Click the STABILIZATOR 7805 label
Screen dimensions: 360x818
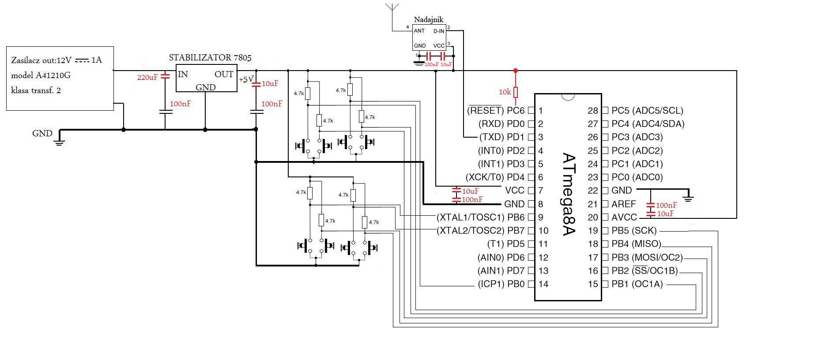click(210, 58)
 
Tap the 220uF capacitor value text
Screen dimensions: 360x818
click(147, 77)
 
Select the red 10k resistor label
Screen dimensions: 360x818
click(505, 92)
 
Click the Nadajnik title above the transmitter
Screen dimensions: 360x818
click(428, 19)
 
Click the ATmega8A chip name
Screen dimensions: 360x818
click(569, 194)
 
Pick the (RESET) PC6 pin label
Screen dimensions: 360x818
click(496, 110)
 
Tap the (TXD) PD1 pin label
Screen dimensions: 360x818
click(501, 137)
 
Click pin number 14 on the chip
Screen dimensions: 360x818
click(543, 284)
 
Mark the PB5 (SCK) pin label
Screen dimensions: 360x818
click(634, 231)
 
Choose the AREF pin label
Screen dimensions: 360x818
click(623, 204)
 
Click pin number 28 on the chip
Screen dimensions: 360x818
click(592, 111)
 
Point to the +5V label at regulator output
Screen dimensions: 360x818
click(246, 80)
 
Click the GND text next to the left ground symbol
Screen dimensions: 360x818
click(42, 133)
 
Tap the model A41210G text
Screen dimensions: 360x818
click(41, 75)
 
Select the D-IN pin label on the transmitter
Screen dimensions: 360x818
click(438, 31)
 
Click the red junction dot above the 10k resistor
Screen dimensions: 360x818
click(515, 71)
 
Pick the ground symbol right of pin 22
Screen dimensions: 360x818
click(687, 196)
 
